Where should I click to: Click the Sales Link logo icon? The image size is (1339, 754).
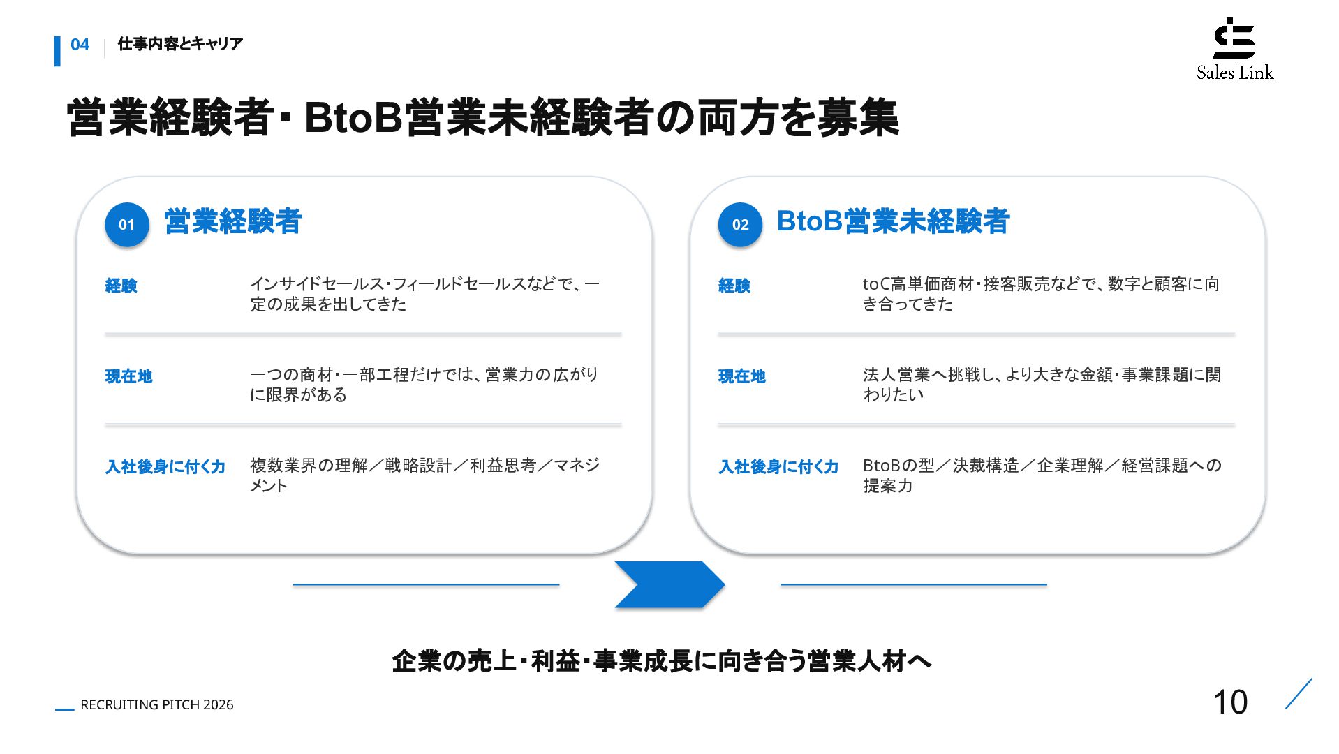(1234, 38)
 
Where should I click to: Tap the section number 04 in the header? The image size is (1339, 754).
(80, 45)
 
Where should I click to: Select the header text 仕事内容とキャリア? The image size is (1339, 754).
(180, 44)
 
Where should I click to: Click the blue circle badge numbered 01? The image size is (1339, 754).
(126, 225)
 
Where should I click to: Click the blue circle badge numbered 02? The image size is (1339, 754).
(740, 225)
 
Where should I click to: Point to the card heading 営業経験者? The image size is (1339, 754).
(233, 221)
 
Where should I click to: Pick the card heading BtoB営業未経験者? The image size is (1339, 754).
(893, 221)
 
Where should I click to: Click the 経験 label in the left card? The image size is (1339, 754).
(121, 286)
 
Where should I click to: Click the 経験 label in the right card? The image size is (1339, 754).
(734, 286)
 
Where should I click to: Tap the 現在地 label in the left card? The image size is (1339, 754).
(129, 376)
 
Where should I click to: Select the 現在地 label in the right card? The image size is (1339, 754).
(742, 376)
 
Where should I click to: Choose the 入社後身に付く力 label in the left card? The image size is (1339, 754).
(165, 467)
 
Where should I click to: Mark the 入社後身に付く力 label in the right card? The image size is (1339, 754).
(778, 467)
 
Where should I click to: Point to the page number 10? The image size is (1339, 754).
(1230, 702)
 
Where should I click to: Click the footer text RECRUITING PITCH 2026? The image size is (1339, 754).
(157, 705)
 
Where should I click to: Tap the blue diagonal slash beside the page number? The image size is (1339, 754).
(1299, 694)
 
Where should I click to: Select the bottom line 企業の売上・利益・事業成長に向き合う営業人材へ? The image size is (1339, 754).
(662, 661)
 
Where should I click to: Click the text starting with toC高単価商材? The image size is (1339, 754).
(1041, 294)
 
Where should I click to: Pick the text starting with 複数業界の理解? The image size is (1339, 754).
(425, 475)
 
